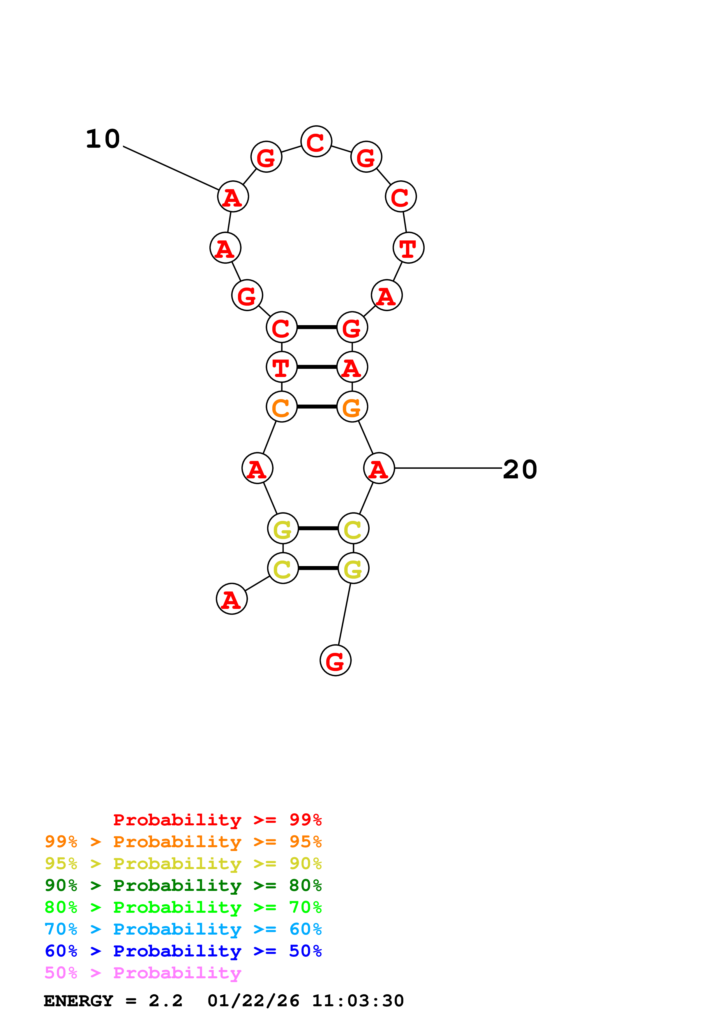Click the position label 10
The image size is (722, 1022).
pyautogui.click(x=103, y=139)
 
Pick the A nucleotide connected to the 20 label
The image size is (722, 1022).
pyautogui.click(x=379, y=468)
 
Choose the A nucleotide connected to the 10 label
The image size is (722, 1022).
pyautogui.click(x=233, y=196)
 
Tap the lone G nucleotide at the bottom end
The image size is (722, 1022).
pyautogui.click(x=336, y=660)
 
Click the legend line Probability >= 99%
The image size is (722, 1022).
pyautogui.click(x=217, y=820)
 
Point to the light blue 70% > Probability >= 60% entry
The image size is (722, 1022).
pyautogui.click(x=183, y=929)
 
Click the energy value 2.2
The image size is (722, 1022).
pyautogui.click(x=165, y=1001)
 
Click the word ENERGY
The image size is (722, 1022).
pyautogui.click(x=78, y=1001)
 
